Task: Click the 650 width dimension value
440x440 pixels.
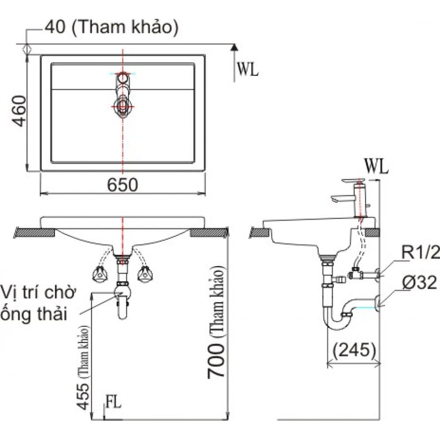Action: (123, 185)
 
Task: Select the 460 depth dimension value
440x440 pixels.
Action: (19, 111)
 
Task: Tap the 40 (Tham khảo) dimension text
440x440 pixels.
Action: (111, 27)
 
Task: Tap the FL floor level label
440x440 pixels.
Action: (114, 401)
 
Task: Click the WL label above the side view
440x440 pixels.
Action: (376, 167)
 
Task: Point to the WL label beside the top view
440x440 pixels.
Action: (248, 69)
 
